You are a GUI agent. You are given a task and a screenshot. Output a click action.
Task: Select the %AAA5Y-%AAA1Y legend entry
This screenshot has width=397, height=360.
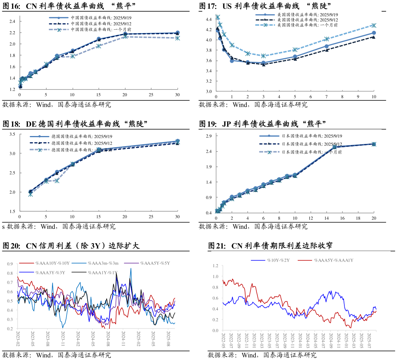pos(334,260)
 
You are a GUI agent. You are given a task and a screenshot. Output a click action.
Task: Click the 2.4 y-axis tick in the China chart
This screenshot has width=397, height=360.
pos(12,21)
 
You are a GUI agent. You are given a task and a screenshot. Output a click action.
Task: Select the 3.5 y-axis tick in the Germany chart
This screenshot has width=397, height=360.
pos(12,134)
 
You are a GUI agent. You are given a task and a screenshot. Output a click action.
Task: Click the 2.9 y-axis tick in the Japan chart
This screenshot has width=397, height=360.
pos(209,136)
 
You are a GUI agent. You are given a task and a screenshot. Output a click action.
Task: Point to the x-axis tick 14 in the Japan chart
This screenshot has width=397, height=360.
pos(327,218)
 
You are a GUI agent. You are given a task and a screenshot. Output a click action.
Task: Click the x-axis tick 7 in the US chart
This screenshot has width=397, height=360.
pos(326,97)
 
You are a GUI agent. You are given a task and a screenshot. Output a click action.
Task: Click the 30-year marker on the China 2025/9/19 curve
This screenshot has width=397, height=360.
pos(177,33)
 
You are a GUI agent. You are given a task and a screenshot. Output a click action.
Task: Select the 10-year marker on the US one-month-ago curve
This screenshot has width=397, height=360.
pos(374,25)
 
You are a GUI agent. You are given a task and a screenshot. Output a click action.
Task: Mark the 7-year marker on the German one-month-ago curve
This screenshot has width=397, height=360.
pos(57,181)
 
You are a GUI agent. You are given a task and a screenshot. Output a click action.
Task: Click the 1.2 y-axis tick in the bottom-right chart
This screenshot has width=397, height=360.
pos(215,266)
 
